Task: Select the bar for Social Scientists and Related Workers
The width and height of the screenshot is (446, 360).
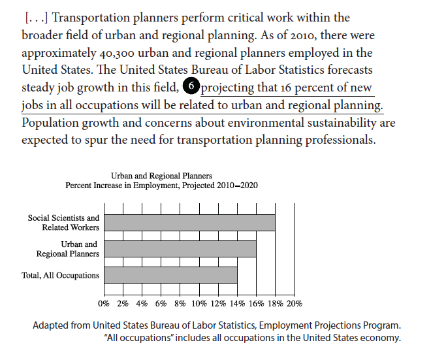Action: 189,222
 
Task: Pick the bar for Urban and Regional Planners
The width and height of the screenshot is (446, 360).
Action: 180,249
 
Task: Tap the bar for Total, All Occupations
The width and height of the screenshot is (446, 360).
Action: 170,274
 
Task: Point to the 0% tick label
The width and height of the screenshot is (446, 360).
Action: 104,303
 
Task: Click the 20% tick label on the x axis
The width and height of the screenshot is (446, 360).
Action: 295,303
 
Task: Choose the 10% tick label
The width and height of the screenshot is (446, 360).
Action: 199,303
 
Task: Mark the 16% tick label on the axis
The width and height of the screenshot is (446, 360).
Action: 256,303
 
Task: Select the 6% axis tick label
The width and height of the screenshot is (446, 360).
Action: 161,303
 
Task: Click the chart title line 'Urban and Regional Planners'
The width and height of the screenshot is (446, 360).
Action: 161,176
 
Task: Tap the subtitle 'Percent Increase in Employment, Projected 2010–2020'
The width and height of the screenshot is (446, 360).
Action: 161,185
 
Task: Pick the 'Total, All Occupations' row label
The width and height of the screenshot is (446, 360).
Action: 60,275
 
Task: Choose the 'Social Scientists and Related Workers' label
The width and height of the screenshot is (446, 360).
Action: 63,223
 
